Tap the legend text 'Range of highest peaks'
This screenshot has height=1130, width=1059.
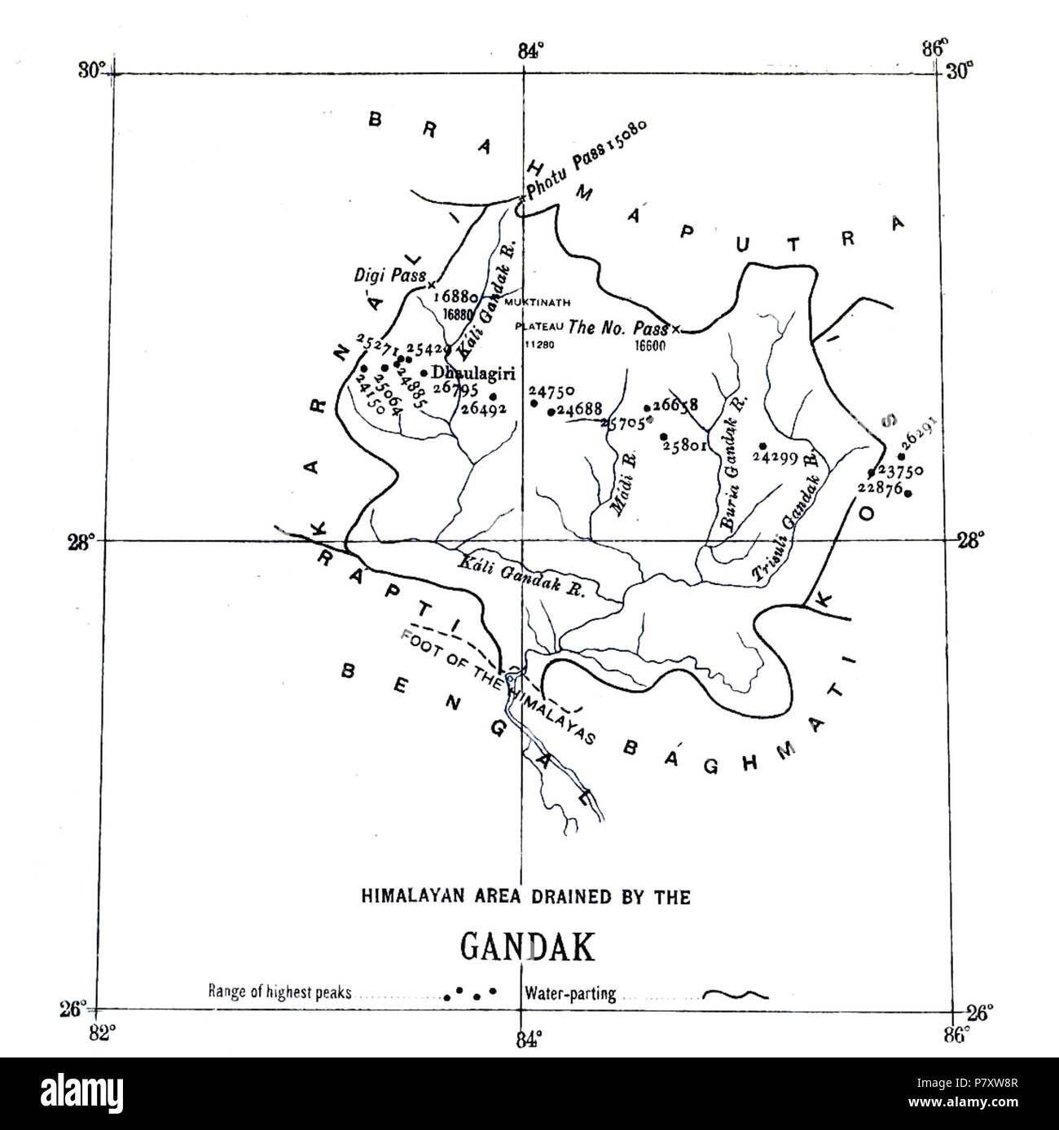click(279, 992)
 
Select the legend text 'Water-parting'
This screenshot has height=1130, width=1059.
click(570, 993)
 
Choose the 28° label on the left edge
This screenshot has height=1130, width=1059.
click(86, 539)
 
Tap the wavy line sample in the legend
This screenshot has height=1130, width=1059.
click(735, 994)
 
